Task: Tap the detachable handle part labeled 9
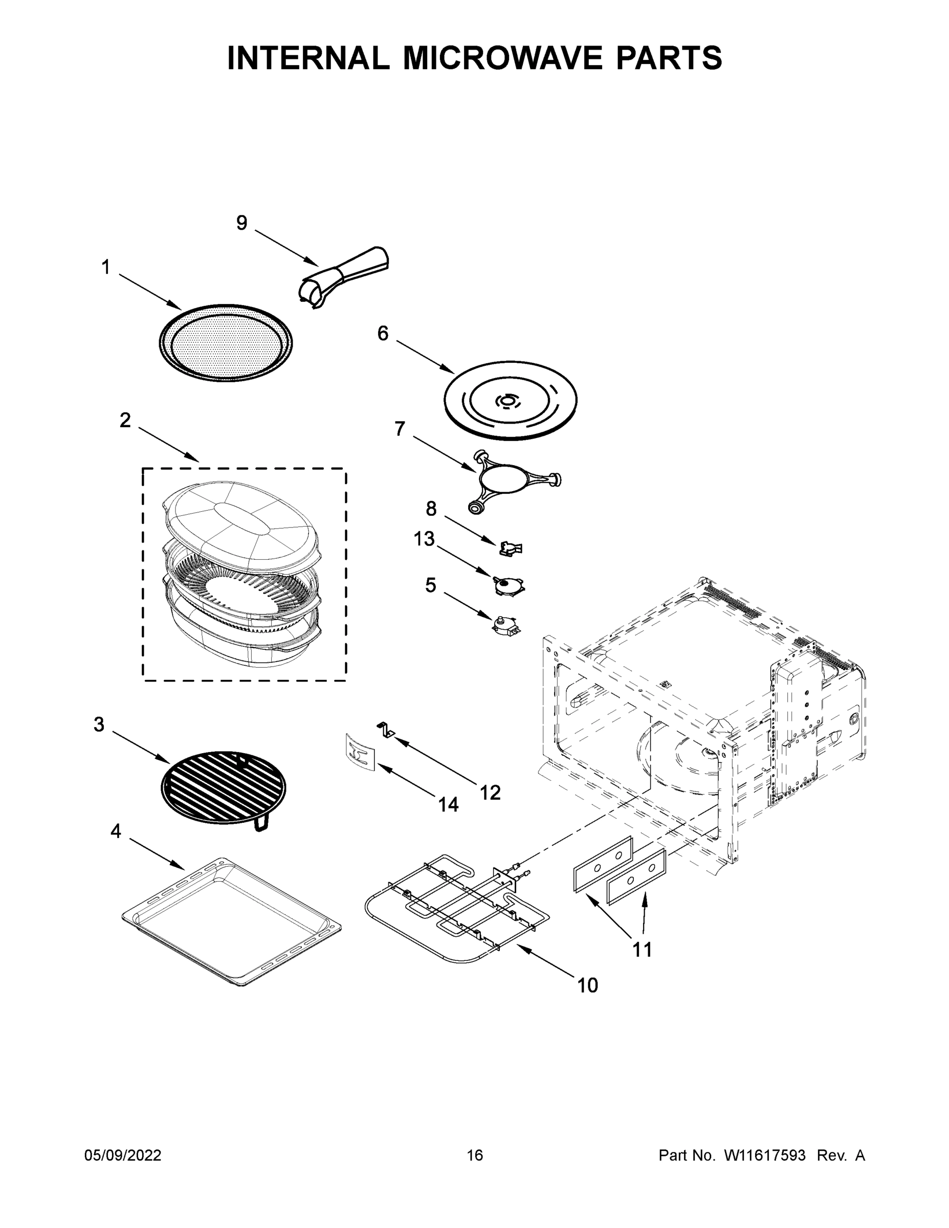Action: pos(344,277)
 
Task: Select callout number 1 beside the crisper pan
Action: pos(106,267)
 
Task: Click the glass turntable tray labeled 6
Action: pos(511,400)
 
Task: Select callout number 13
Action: pos(425,539)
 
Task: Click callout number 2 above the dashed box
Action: pos(125,420)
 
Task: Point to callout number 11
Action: pos(642,950)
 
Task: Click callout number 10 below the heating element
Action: pos(587,985)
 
